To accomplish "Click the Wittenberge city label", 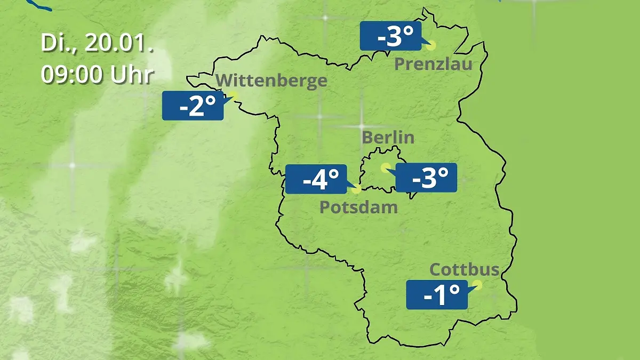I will click(x=272, y=81).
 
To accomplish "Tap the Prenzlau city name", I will click(x=434, y=65).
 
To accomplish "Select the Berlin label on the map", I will click(x=388, y=137).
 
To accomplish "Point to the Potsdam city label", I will click(x=358, y=207).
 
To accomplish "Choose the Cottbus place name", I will click(x=465, y=269).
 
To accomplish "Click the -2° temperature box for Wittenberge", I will click(x=193, y=106).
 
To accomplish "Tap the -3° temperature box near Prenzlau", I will click(x=391, y=36).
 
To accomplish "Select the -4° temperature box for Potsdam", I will click(x=316, y=179).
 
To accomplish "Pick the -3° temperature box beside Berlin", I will click(x=426, y=178).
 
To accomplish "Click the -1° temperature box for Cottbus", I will click(x=437, y=294).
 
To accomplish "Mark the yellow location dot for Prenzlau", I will click(x=431, y=46).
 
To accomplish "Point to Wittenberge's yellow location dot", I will click(x=233, y=95).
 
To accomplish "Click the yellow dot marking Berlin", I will click(x=385, y=167).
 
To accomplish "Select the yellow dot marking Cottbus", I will click(x=477, y=285).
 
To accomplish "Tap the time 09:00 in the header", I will click(x=73, y=75).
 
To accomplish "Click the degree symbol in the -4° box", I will click(x=333, y=174).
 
